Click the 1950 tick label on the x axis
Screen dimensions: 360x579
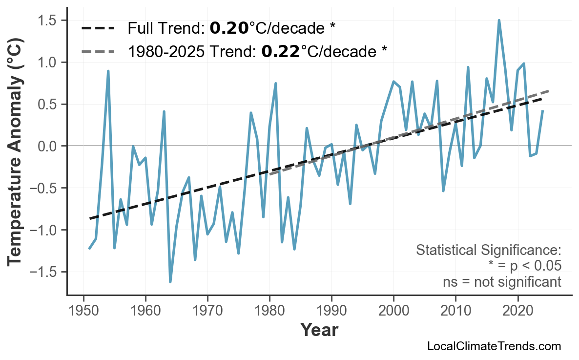coord(83,311)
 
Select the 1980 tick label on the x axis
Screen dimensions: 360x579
coord(269,311)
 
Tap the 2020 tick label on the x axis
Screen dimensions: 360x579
coord(517,311)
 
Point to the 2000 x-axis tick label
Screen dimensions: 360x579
coord(393,311)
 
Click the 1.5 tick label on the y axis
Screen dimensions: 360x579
coord(48,21)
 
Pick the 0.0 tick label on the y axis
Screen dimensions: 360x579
coord(48,146)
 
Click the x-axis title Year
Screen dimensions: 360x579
coord(319,330)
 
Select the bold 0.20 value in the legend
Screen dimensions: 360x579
coord(229,28)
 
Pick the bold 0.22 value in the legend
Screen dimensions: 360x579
coord(280,51)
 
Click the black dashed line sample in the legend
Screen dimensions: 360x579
coord(98,28)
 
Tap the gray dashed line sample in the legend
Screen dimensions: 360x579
coord(98,51)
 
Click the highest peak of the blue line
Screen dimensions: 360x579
coord(499,21)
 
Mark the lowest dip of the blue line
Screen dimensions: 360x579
coord(170,282)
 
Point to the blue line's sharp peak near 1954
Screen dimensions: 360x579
coord(108,71)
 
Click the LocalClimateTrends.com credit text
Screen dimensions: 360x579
coord(494,346)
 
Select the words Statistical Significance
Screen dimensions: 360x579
coord(488,251)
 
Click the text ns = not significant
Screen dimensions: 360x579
coord(502,282)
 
